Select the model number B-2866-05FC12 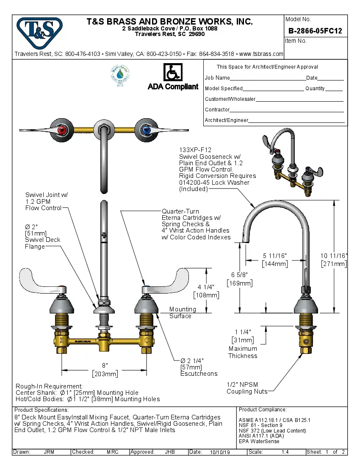point(315,31)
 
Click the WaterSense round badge point(120,75)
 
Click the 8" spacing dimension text point(105,366)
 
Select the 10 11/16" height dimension point(334,256)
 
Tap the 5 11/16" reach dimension point(275,255)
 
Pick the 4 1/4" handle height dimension point(206,288)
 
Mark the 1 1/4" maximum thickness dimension point(243,332)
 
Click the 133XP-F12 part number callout point(195,150)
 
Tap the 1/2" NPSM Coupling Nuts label point(247,388)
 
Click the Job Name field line point(267,78)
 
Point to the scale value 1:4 point(285,452)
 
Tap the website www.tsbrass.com point(261,54)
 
